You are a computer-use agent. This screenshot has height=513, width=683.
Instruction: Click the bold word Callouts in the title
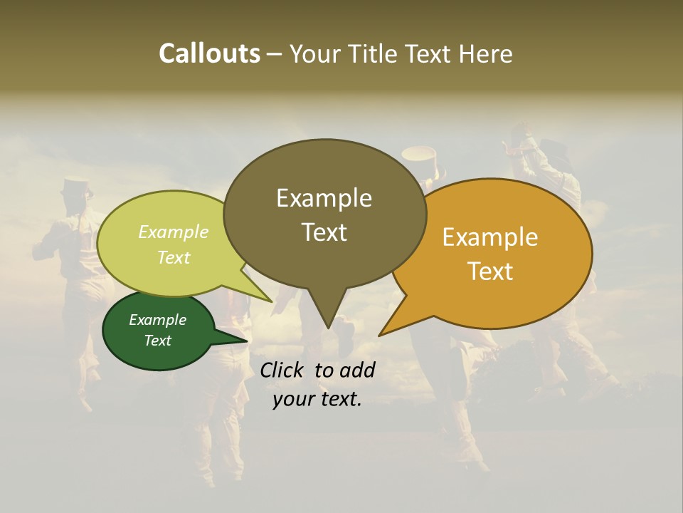209,53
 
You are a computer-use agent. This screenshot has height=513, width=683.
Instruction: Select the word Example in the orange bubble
490,237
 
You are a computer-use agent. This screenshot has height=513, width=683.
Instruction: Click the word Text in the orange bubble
490,271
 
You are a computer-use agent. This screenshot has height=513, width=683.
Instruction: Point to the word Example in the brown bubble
324,198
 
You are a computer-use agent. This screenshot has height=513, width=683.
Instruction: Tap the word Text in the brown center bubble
324,232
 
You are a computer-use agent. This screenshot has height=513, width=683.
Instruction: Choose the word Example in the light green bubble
174,232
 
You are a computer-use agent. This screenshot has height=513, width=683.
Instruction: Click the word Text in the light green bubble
174,257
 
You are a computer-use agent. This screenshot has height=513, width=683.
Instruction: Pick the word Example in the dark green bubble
158,320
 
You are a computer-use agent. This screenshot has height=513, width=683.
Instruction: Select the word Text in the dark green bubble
158,341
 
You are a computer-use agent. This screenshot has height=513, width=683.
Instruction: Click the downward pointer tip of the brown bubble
328,327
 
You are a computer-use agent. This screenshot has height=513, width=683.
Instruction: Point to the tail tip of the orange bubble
380,335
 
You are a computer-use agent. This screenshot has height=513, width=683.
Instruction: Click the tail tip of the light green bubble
272,301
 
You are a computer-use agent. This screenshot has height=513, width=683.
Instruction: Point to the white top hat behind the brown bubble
419,155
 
